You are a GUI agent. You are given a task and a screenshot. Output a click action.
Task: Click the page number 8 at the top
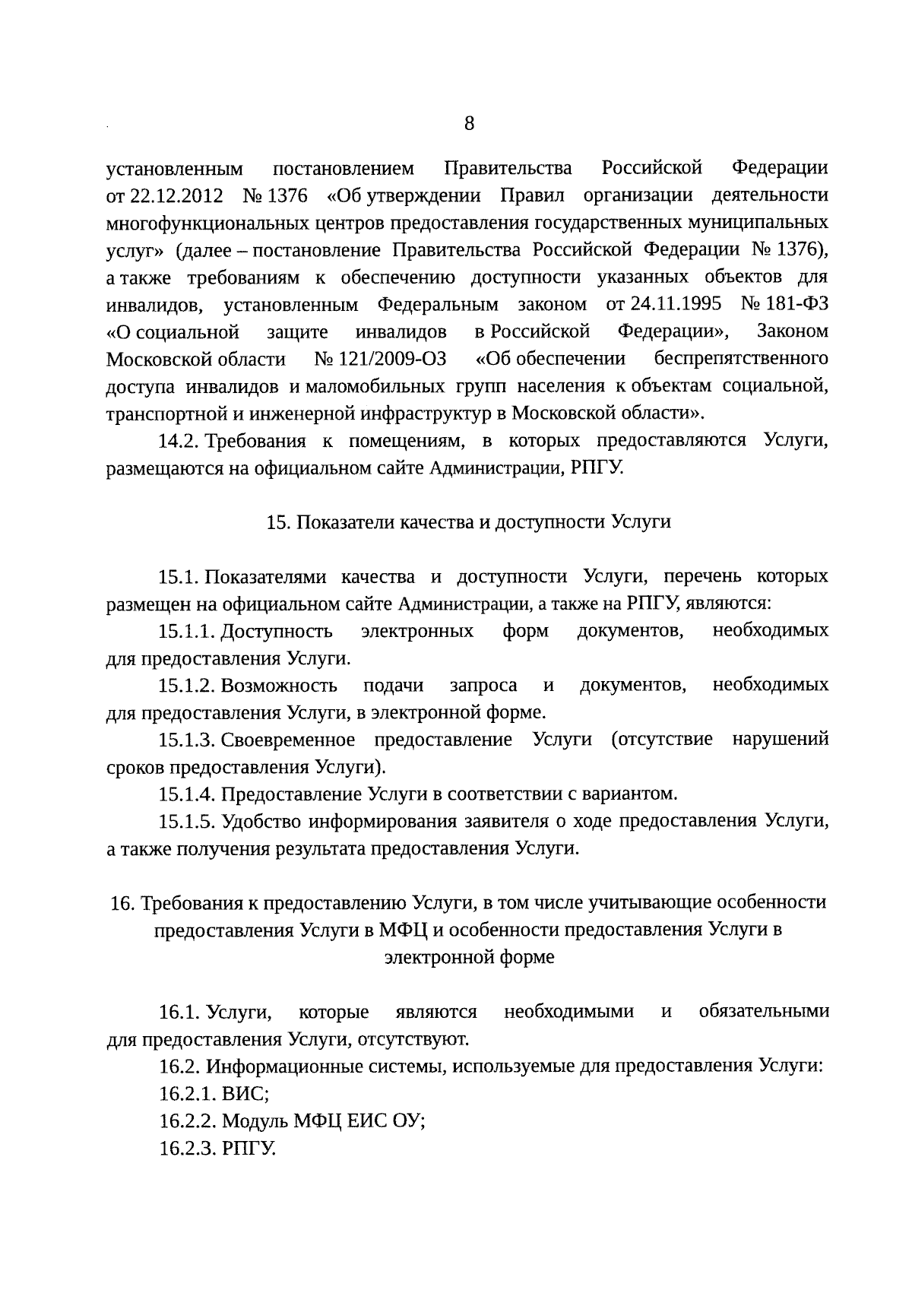(469, 124)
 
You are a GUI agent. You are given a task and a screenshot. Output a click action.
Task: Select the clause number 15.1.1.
(187, 632)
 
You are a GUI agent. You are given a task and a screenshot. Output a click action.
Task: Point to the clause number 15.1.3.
(187, 740)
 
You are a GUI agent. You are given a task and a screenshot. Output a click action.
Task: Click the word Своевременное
(288, 740)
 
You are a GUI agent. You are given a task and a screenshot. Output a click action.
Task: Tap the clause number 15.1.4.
(187, 795)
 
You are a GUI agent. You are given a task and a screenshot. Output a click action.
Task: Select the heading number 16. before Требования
(121, 903)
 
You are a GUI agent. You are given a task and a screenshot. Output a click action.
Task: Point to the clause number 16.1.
(179, 1013)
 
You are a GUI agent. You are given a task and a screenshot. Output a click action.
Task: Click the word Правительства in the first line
(507, 168)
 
